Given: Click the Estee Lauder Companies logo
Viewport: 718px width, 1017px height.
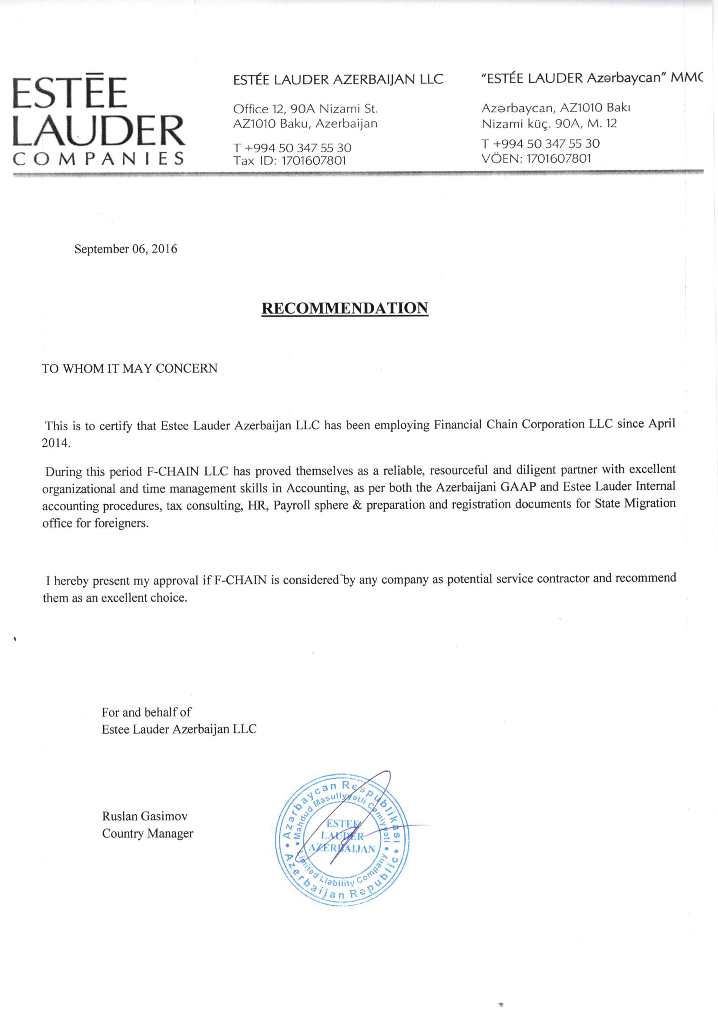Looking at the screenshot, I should [98, 120].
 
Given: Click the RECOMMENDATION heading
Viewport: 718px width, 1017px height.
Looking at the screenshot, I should [344, 308].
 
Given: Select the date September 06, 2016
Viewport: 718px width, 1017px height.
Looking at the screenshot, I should [126, 249].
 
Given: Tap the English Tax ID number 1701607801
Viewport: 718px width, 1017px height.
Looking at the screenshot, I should [314, 161].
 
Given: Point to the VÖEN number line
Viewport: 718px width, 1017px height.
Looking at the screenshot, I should [536, 158].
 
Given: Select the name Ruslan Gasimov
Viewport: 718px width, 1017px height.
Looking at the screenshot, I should [145, 816].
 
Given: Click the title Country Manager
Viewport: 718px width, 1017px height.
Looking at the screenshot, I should [148, 833].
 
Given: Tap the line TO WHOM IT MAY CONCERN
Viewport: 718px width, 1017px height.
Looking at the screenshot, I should [130, 368].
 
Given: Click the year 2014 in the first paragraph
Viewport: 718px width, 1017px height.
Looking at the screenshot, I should [55, 442].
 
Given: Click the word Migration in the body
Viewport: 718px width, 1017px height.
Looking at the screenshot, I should [650, 504].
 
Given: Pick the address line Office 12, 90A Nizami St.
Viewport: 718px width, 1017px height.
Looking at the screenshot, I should [305, 109].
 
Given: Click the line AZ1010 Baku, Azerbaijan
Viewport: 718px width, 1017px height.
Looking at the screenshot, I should [305, 124].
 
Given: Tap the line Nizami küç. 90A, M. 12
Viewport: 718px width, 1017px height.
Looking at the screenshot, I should [549, 124].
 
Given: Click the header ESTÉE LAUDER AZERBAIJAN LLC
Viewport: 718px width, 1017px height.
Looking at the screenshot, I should [338, 80].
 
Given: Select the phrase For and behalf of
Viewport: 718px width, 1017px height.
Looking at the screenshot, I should [146, 712].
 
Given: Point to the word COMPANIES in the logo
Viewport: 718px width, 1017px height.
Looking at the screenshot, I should [98, 158].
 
